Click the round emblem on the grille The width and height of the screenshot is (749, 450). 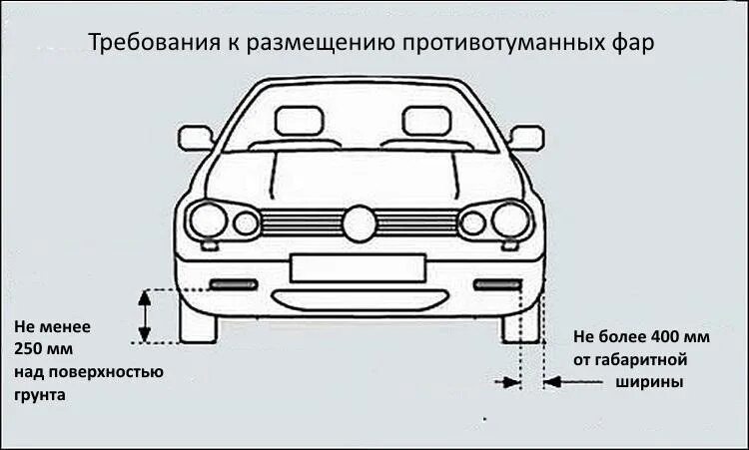(360, 223)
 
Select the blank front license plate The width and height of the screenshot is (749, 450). (358, 268)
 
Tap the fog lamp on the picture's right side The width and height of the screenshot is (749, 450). (496, 285)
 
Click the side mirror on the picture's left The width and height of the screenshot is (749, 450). (195, 137)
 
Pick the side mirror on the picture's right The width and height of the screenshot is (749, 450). (525, 137)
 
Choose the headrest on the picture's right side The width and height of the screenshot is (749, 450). (427, 122)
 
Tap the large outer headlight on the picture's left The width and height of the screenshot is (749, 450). (209, 220)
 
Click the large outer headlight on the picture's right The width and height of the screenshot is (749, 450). (511, 220)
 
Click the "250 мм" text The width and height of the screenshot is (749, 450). (44, 348)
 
